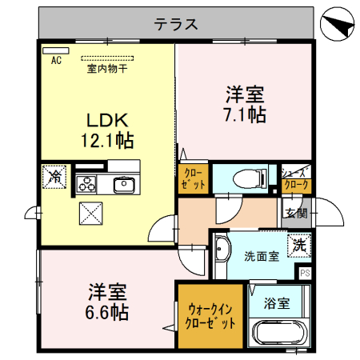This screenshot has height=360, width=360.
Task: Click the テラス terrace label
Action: click(x=176, y=23)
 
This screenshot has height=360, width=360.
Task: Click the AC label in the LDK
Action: click(x=56, y=60)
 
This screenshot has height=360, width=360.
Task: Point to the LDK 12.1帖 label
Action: click(x=107, y=130)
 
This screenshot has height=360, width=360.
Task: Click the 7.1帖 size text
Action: click(x=245, y=114)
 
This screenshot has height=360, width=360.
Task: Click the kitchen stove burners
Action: click(x=86, y=185)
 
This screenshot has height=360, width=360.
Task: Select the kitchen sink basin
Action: click(x=124, y=185)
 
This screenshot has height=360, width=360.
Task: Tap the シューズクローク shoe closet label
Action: click(x=295, y=178)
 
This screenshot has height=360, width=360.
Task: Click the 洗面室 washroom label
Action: click(x=261, y=256)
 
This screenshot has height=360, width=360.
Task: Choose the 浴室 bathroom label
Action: click(x=276, y=304)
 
